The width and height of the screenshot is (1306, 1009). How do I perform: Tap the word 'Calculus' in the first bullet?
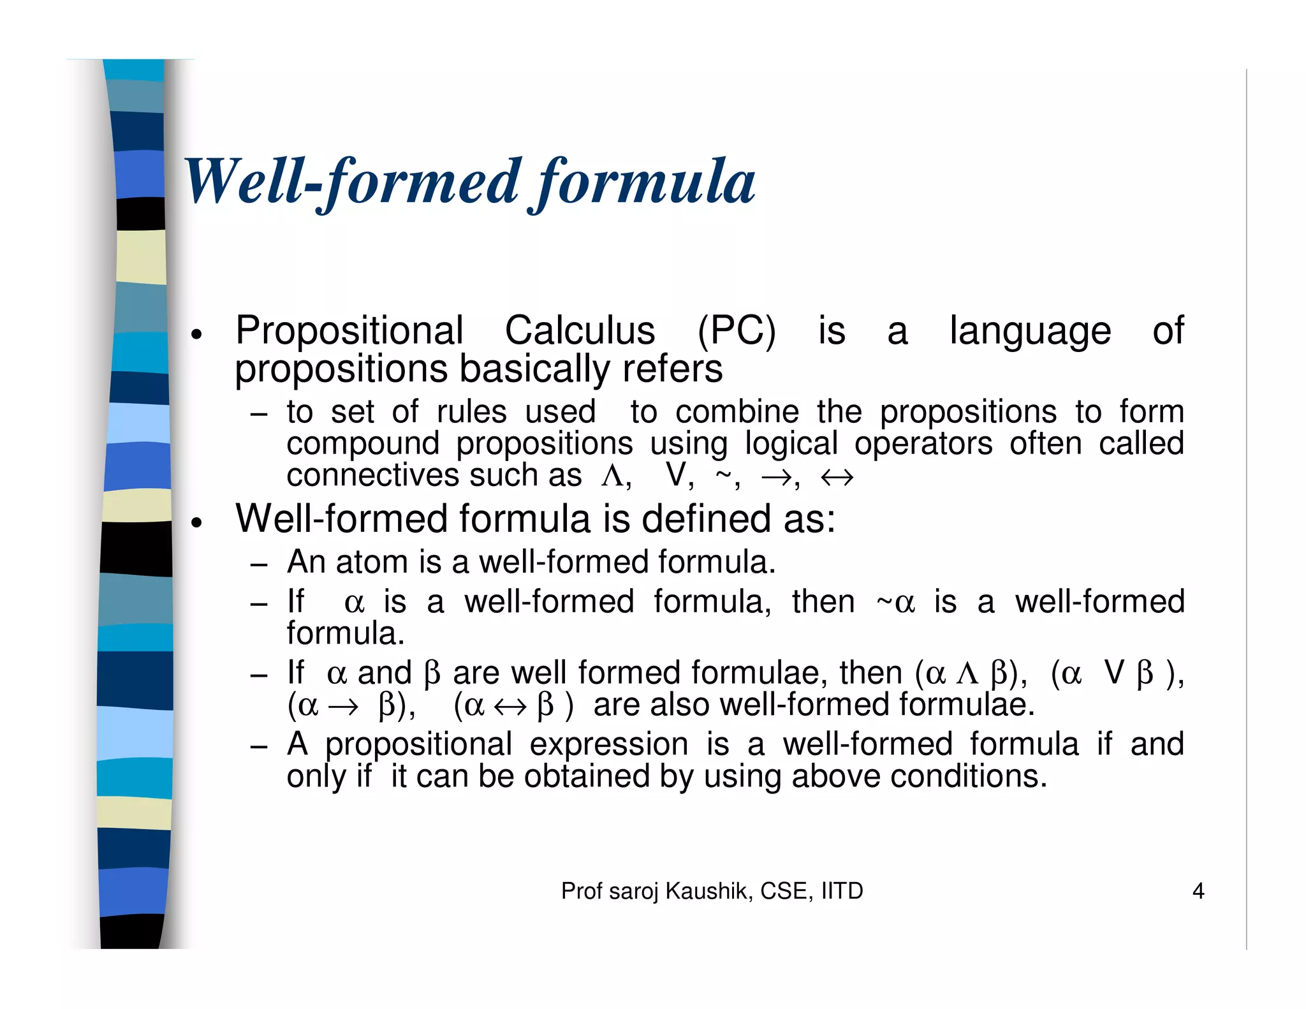(x=580, y=330)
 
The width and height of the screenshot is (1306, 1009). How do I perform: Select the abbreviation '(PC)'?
(x=737, y=331)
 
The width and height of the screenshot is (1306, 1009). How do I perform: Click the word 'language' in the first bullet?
(x=1030, y=332)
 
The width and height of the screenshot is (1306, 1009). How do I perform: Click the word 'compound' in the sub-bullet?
(x=363, y=444)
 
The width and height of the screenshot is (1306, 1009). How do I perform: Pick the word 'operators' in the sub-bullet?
(x=923, y=444)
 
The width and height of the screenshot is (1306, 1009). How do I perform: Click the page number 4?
(x=1198, y=891)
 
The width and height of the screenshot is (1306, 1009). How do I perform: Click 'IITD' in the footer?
(x=842, y=891)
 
